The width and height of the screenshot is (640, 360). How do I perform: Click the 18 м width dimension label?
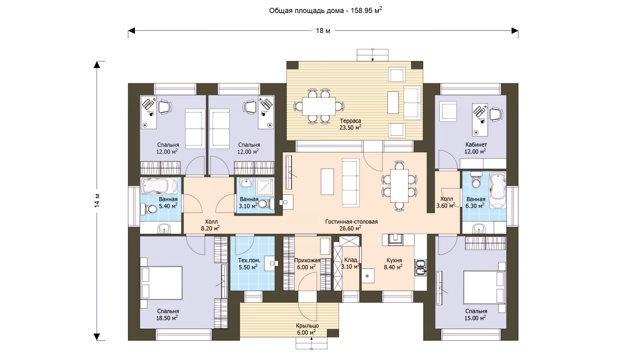[x=323, y=31]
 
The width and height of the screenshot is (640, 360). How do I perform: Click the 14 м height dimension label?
[x=97, y=200]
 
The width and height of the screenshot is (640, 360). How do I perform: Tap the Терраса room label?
[x=350, y=121]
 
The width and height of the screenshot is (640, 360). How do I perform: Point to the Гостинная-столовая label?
[x=351, y=222]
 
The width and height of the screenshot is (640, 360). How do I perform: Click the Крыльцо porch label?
[x=307, y=326]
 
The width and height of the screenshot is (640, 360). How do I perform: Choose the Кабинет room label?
[x=476, y=145]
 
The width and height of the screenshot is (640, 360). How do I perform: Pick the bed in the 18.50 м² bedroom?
[x=161, y=283]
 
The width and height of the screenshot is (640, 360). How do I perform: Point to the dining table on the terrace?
[x=319, y=106]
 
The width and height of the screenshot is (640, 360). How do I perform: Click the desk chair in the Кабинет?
[x=495, y=114]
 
